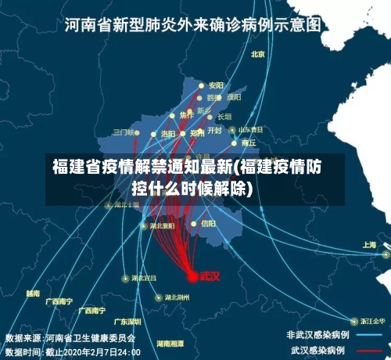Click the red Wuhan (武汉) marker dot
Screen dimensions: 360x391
pos(192,275)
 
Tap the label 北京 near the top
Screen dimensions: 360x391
pos(258,54)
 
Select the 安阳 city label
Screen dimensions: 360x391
pos(216,85)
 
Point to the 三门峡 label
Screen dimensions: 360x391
pos(124,131)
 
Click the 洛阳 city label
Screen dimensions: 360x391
pos(168,134)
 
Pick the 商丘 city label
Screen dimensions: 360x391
pos(249,143)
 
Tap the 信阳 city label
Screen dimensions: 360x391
pos(208,223)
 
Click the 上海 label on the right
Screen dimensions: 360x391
pos(369,245)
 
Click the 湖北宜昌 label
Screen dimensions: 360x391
pos(143,278)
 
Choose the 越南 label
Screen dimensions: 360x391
pos(33,293)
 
